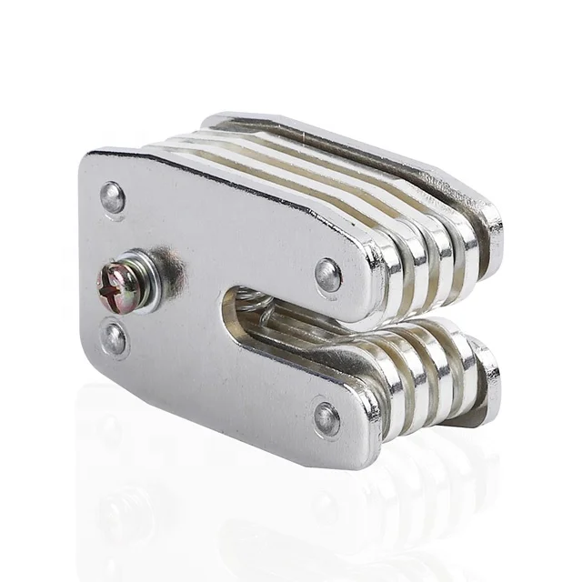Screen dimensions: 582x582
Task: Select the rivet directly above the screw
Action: [113, 197]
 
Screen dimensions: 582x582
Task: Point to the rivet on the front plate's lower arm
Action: [326, 417]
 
